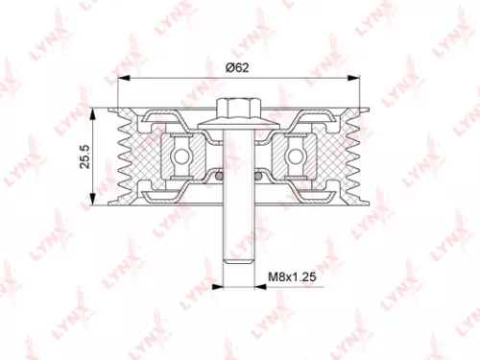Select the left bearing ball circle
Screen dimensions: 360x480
[178, 154]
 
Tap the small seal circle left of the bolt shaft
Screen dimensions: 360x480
[220, 176]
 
